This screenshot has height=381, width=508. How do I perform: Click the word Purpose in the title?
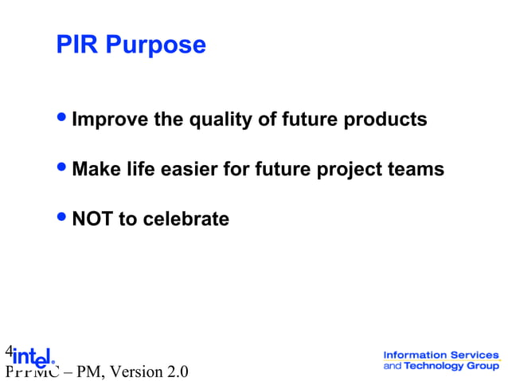pyautogui.click(x=156, y=45)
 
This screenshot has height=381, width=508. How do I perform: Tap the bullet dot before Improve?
pyautogui.click(x=64, y=119)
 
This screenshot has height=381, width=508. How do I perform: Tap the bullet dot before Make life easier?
pyautogui.click(x=64, y=168)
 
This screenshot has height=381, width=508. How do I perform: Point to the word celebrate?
pyautogui.click(x=186, y=219)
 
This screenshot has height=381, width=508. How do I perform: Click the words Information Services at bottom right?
pyautogui.click(x=440, y=355)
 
